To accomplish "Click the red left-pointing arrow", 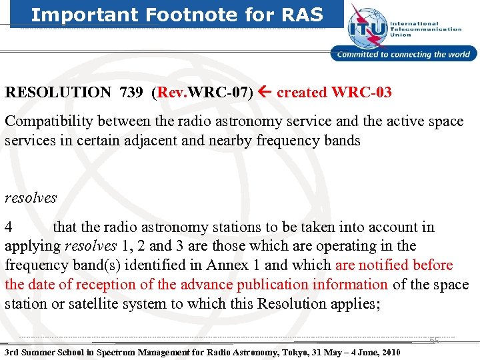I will (265, 93).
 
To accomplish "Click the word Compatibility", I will (49, 121).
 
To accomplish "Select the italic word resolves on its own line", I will (31, 198).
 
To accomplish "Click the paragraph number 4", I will (9, 227).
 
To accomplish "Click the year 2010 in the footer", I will (387, 352).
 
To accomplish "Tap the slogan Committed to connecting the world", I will (404, 55).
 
